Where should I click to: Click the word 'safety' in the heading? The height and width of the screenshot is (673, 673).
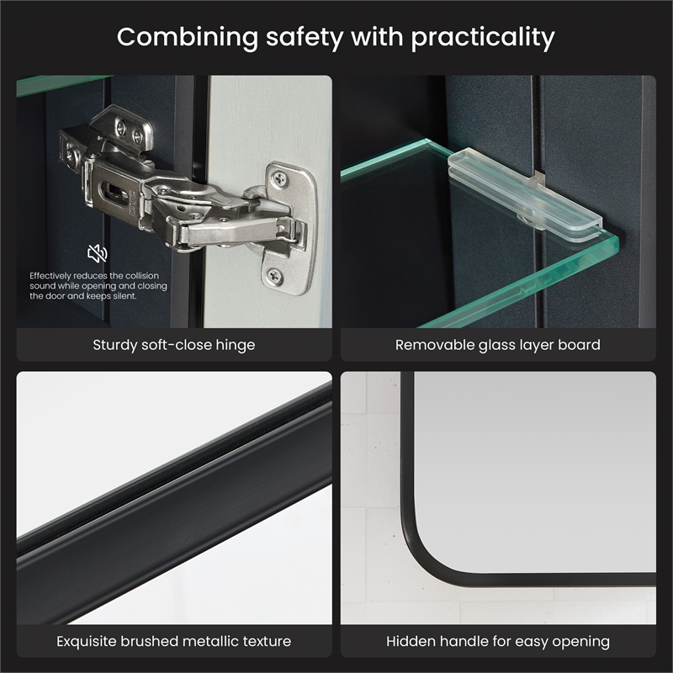pyautogui.click(x=305, y=38)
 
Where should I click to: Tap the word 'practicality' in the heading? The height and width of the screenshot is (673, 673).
pyautogui.click(x=483, y=39)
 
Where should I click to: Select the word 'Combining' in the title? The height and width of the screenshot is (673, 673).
pyautogui.click(x=188, y=39)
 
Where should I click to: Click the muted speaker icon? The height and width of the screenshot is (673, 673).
pyautogui.click(x=98, y=253)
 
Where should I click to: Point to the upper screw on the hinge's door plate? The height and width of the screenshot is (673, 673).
pyautogui.click(x=280, y=177)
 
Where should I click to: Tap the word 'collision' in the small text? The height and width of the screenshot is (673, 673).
pyautogui.click(x=142, y=276)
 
